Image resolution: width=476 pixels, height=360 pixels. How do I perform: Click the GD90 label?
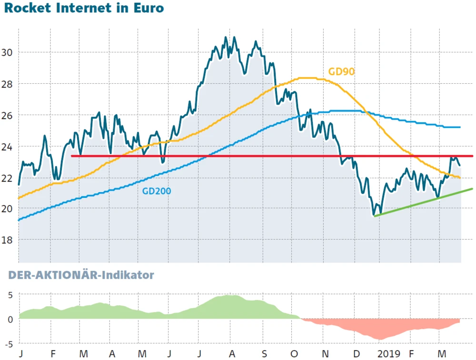click(341, 72)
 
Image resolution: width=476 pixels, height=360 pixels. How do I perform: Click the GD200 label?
click(157, 191)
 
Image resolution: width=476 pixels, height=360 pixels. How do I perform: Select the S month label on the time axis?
click(264, 354)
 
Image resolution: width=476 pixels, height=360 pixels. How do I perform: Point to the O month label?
click(294, 354)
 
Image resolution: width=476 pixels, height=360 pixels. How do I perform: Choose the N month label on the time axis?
click(326, 354)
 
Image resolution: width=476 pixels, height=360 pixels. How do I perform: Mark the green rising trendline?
click(424, 202)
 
